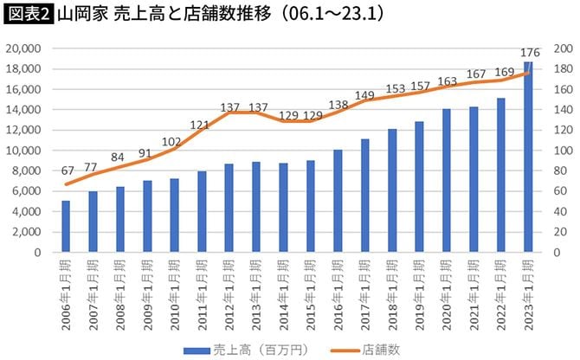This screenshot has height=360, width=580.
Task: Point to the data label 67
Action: (66, 169)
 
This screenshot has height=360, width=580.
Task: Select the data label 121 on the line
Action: (201, 125)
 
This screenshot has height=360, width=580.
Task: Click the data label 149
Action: (364, 96)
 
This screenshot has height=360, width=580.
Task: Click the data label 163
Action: (447, 82)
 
